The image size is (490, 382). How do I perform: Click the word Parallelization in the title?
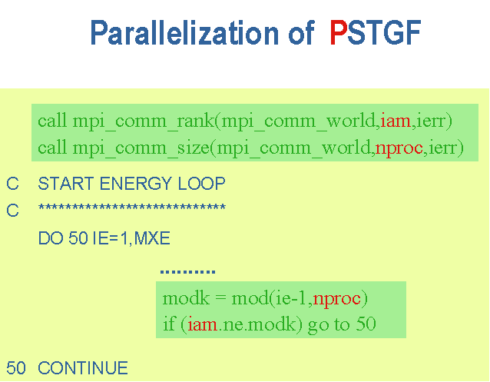point(184,33)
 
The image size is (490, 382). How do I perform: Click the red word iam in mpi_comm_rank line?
point(396,121)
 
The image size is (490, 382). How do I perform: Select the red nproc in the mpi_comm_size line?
point(399,148)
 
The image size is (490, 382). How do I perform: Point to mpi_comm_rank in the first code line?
point(144,121)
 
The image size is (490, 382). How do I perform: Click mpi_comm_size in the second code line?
point(141,148)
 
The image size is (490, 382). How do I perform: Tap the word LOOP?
point(201,184)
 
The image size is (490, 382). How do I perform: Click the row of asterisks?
point(132,207)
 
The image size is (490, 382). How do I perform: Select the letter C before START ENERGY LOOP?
point(12,184)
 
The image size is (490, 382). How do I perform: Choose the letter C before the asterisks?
point(12,211)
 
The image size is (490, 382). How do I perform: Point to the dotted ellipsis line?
point(187,271)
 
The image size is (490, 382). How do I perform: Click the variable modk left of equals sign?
point(186,298)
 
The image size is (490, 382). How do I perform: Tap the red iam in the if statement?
point(203,324)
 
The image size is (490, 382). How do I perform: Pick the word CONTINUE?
point(83,368)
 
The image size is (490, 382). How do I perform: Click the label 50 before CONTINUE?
point(16,368)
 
